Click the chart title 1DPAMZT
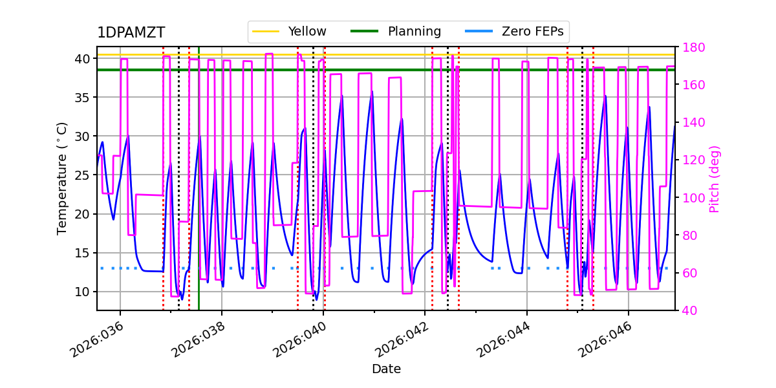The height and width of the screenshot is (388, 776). pos(131,33)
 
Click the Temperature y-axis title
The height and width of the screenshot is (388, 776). pos(62,178)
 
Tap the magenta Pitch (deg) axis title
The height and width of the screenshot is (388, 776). pos(715,178)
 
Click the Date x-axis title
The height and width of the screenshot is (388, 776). pos(386,369)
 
